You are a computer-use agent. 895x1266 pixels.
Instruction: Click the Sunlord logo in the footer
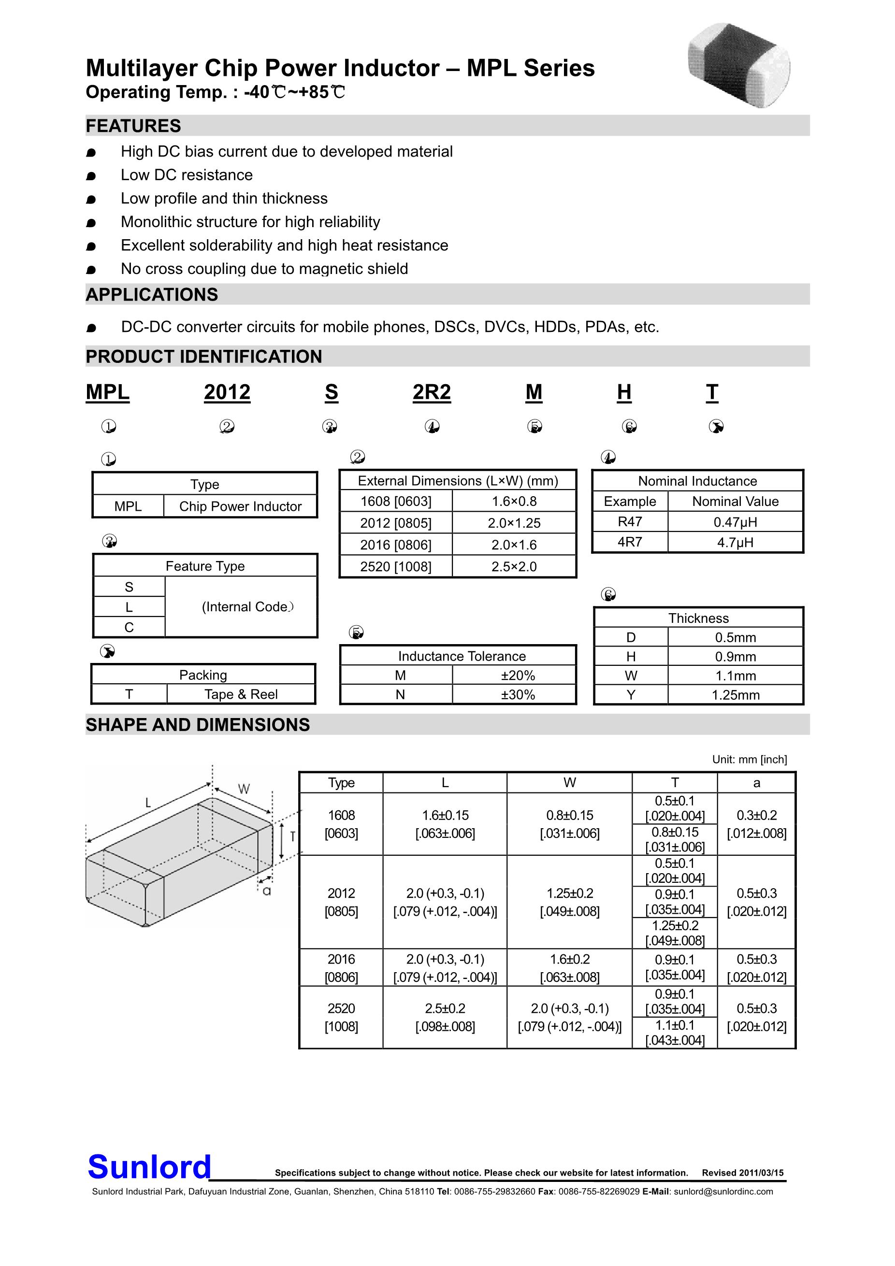[149, 1167]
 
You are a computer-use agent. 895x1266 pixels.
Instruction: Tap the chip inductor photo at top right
[739, 65]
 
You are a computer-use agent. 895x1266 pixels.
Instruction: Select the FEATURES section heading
[133, 126]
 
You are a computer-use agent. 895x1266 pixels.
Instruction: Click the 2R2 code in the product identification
[432, 392]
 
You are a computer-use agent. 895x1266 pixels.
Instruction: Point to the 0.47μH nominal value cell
[735, 521]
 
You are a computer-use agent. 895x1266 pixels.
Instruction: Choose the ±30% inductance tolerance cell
[518, 694]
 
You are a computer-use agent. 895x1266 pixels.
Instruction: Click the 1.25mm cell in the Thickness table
[735, 695]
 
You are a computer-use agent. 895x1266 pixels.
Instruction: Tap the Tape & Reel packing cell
[241, 694]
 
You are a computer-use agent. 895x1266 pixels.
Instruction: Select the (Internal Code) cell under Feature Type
[241, 606]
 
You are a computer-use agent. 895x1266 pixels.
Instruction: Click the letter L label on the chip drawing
[148, 803]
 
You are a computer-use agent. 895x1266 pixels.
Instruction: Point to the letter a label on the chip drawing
[267, 891]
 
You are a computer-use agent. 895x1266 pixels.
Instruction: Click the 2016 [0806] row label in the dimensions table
[341, 968]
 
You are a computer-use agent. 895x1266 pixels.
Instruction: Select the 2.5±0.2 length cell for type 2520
[445, 1017]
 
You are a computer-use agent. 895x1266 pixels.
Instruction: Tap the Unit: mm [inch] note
[750, 759]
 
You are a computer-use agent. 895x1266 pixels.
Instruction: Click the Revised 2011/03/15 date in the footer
[742, 1173]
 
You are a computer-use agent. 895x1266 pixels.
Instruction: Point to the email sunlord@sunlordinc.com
[723, 1192]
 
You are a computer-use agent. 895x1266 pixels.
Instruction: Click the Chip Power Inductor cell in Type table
[241, 506]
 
